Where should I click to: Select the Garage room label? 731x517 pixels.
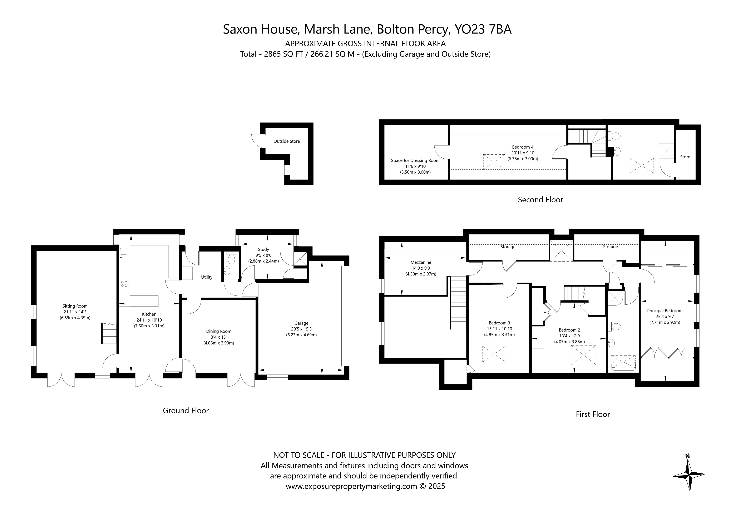(301, 323)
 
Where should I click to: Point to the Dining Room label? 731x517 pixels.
(219, 331)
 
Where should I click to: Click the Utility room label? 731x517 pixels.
(207, 277)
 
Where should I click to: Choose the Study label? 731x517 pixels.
(264, 250)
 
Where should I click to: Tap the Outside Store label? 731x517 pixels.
(287, 141)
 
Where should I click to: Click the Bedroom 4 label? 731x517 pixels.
(523, 147)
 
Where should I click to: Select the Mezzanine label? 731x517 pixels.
(421, 262)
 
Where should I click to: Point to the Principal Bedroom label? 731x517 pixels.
(665, 311)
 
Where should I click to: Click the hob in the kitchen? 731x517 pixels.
(124, 284)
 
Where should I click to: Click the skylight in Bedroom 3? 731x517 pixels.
(494, 354)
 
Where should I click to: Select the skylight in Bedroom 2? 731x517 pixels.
(584, 355)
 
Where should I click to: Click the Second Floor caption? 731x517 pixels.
(540, 200)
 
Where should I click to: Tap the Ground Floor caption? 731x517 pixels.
(186, 411)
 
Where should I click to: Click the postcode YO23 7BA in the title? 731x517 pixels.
(483, 29)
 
